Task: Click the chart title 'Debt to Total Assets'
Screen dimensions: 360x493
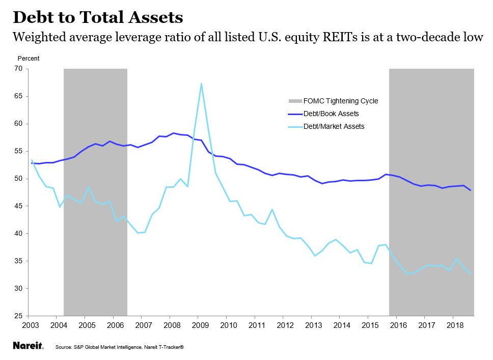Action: [97, 17]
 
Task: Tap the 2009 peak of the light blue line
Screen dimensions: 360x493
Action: [202, 84]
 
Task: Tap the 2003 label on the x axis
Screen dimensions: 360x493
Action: [32, 325]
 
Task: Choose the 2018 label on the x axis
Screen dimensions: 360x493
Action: [453, 325]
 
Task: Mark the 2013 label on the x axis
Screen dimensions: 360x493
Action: [312, 325]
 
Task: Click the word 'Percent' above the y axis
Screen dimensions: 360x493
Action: [29, 59]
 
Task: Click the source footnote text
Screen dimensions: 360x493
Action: [119, 347]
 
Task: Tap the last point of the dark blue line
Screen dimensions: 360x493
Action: [470, 190]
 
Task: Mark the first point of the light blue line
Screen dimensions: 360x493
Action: [32, 160]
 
